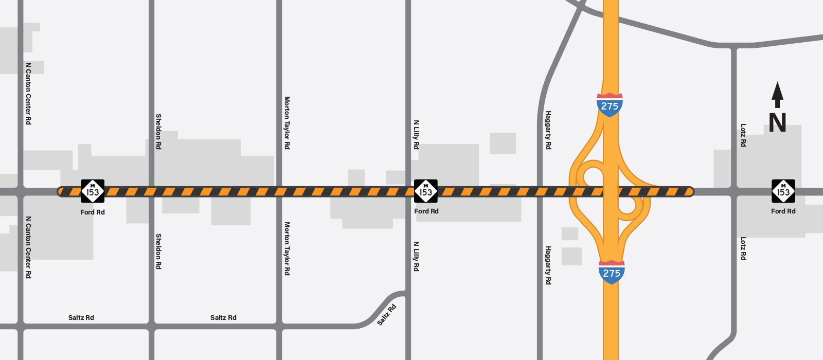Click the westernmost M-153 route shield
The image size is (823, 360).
coord(93,191)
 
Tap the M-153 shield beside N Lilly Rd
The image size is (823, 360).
coord(426,191)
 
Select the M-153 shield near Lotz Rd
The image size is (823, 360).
coord(783,191)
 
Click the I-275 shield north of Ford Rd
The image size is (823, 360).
coord(610,105)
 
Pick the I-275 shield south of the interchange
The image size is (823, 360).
coord(612,272)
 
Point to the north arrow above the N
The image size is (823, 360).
coord(777,95)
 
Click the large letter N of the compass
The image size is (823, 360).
coord(777,122)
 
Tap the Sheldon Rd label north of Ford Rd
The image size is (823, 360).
coord(158,132)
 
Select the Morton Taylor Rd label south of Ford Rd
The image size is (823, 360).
coord(287,248)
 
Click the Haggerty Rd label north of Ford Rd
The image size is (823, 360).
coord(548,130)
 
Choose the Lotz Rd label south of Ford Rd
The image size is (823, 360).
coord(743,248)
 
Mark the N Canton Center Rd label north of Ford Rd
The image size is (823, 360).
coord(28,94)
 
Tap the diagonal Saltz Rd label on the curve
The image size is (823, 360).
coord(387,315)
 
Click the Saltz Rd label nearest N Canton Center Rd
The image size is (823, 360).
coord(81,317)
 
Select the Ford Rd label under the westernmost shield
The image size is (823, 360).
coord(93,212)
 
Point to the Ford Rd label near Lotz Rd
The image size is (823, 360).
coord(783,211)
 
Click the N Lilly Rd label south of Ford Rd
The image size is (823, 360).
coord(416,256)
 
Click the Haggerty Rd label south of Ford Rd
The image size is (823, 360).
coord(548,265)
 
